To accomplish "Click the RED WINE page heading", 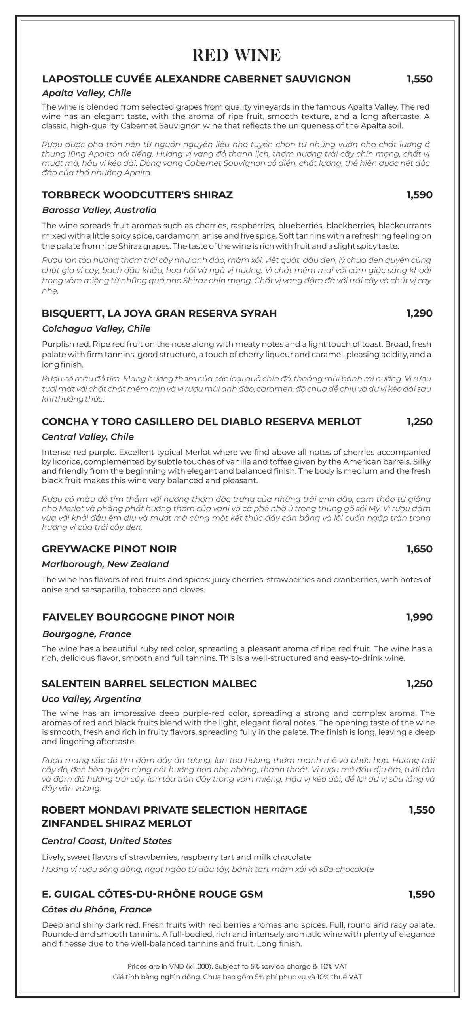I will click(236, 55).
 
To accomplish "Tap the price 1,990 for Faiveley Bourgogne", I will click(419, 617).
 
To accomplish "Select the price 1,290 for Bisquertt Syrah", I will click(419, 313).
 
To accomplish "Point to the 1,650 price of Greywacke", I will click(420, 549).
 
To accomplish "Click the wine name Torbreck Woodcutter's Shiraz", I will click(137, 195).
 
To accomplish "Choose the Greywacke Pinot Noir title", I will click(109, 549).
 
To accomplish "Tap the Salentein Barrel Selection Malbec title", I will click(149, 683).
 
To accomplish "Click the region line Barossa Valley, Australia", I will click(99, 210).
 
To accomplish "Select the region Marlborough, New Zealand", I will click(105, 564).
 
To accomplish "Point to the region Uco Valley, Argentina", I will click(91, 699).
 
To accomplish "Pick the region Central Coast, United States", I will click(106, 841).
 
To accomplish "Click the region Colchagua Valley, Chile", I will click(96, 328).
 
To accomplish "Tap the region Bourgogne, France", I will click(86, 634).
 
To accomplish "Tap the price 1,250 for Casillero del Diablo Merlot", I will click(420, 421).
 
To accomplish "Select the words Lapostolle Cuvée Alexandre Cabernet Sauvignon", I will click(196, 79).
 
